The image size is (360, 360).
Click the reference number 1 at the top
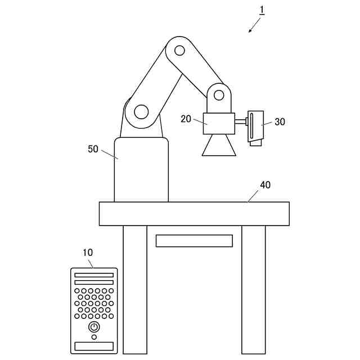pos(262,10)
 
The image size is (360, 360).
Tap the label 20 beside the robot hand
pos(186,119)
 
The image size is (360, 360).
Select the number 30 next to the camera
pos(280,121)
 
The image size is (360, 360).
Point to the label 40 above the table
pos(265,185)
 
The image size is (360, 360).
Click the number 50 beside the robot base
pos(93,149)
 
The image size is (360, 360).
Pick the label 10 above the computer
pos(88,253)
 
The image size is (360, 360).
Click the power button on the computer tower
pos(94,326)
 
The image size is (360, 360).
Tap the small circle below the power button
pos(94,337)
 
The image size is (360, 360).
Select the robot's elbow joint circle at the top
pos(179,51)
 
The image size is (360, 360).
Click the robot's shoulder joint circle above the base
pos(141,111)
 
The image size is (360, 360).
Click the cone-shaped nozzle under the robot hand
pos(219,146)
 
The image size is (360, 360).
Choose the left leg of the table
pos(135,289)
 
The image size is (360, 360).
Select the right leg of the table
pos(254,289)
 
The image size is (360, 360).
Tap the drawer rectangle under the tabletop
pos(194,241)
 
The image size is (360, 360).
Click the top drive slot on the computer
pos(94,276)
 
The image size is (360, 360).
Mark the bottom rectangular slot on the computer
pos(94,346)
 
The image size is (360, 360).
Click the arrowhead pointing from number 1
pos(250,31)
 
